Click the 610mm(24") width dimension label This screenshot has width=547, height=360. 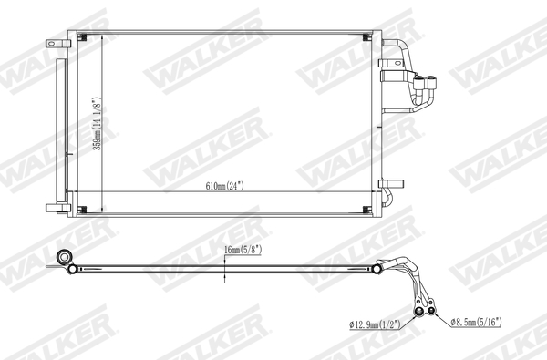tap(224, 187)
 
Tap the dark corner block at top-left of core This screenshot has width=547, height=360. tap(82, 38)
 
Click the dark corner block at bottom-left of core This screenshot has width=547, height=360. tap(82, 211)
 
